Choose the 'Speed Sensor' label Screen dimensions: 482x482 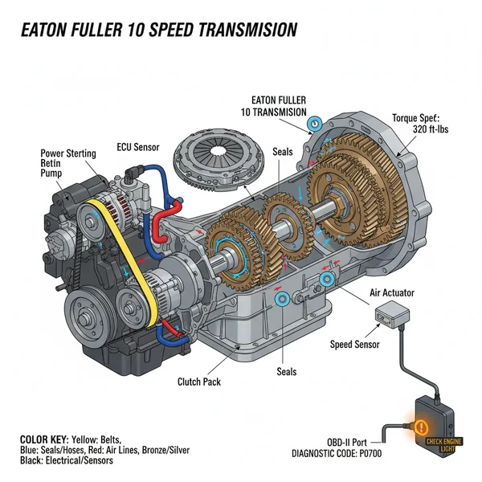356,345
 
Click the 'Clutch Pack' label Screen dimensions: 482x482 198,382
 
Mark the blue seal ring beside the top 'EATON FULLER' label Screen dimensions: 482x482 315,124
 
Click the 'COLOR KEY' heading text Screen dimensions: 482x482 45,440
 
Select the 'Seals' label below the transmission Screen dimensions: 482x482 286,371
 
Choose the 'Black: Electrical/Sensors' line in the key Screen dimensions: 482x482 66,460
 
